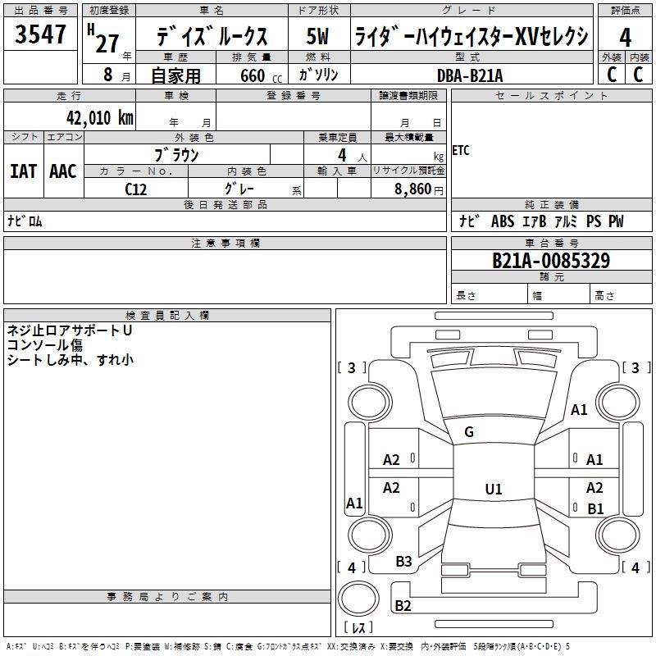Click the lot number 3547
pos(40,34)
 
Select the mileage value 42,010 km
pos(99,117)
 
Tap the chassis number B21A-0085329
pos(551,261)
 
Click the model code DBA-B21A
pos(470,75)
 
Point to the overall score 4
pos(625,38)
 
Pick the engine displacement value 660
pos(253,75)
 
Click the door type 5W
pos(317,36)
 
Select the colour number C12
pos(135,189)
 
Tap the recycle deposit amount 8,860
pos(412,189)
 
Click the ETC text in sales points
pos(461,150)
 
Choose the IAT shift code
pos(24,171)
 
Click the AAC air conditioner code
pos(63,171)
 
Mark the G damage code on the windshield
pos(469,432)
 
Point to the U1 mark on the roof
pos(494,489)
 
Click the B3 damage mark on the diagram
pos(403,562)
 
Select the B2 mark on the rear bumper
pos(403,605)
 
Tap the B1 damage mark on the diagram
pos(595,508)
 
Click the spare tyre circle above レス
pos(358,599)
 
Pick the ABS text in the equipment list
pos(503,221)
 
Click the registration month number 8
pos(108,75)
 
